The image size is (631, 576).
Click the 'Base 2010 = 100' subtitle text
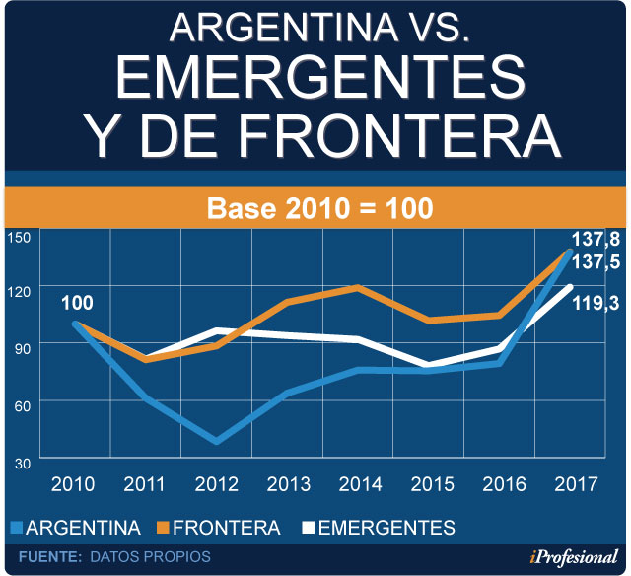tap(318, 209)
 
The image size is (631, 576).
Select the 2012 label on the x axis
tap(216, 484)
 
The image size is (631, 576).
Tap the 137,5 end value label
tap(596, 264)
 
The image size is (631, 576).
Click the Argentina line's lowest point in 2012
tap(217, 440)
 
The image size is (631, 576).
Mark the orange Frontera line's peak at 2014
tap(358, 287)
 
